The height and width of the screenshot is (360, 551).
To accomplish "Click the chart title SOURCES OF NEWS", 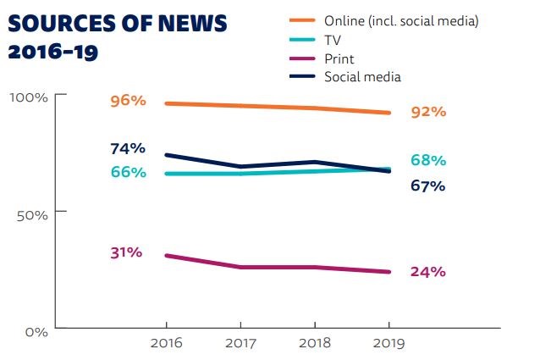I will pos(118,24).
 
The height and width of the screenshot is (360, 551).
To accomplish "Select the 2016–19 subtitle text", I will pos(52,53).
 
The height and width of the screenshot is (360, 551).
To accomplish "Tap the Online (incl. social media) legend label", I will pos(401,20).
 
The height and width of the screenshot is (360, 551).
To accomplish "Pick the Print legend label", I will pos(339,58).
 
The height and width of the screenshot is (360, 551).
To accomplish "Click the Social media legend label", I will pos(362,77).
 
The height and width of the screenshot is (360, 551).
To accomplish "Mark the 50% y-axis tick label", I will pos(31,213).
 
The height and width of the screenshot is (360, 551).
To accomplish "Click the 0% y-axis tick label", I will pos(36,331).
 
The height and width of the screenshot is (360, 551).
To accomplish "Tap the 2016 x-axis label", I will pos(165,343).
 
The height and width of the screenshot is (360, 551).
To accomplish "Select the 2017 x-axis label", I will pos(240,343).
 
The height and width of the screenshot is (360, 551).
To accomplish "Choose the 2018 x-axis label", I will pos(315,343).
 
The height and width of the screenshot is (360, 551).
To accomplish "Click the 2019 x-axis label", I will pos(389,343).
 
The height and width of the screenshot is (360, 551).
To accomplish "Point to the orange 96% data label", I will pos(128,101).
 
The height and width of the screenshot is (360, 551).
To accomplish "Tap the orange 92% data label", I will pos(427,112).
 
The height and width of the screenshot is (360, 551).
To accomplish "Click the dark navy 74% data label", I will pos(128,148).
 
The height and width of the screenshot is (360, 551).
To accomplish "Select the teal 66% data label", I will pos(128,172).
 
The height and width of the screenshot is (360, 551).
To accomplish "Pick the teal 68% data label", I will pos(427,160).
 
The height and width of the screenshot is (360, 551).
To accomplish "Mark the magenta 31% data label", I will pos(125,252).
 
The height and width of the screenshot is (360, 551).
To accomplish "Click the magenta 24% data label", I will pos(427,272).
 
